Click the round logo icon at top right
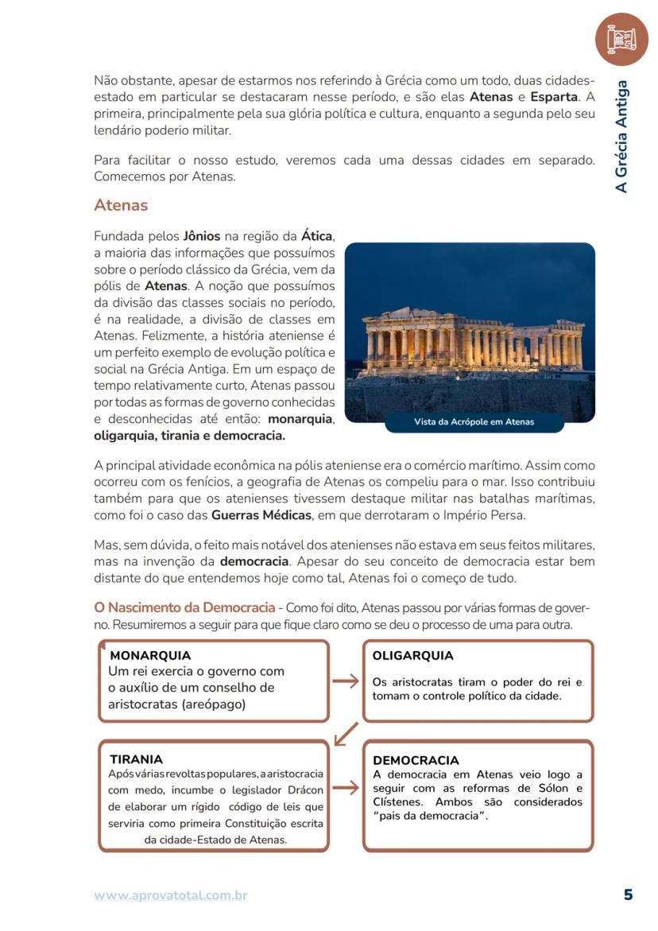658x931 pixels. tap(621, 38)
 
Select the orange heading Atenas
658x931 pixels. tap(121, 205)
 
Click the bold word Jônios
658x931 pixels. tap(202, 236)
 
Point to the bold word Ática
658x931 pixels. tap(317, 236)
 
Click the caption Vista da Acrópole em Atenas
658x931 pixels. tap(474, 422)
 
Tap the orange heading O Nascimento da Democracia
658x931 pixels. tap(184, 608)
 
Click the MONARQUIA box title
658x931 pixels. tap(150, 656)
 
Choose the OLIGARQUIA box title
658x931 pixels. tap(412, 656)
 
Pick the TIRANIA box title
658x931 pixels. tap(136, 759)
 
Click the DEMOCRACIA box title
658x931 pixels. tap(416, 760)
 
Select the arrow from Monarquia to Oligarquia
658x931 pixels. tap(345, 681)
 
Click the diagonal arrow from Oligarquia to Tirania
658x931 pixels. tap(346, 733)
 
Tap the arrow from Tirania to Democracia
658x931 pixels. tap(345, 789)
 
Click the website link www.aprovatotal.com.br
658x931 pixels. tap(171, 895)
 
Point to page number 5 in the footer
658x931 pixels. tap(628, 894)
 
